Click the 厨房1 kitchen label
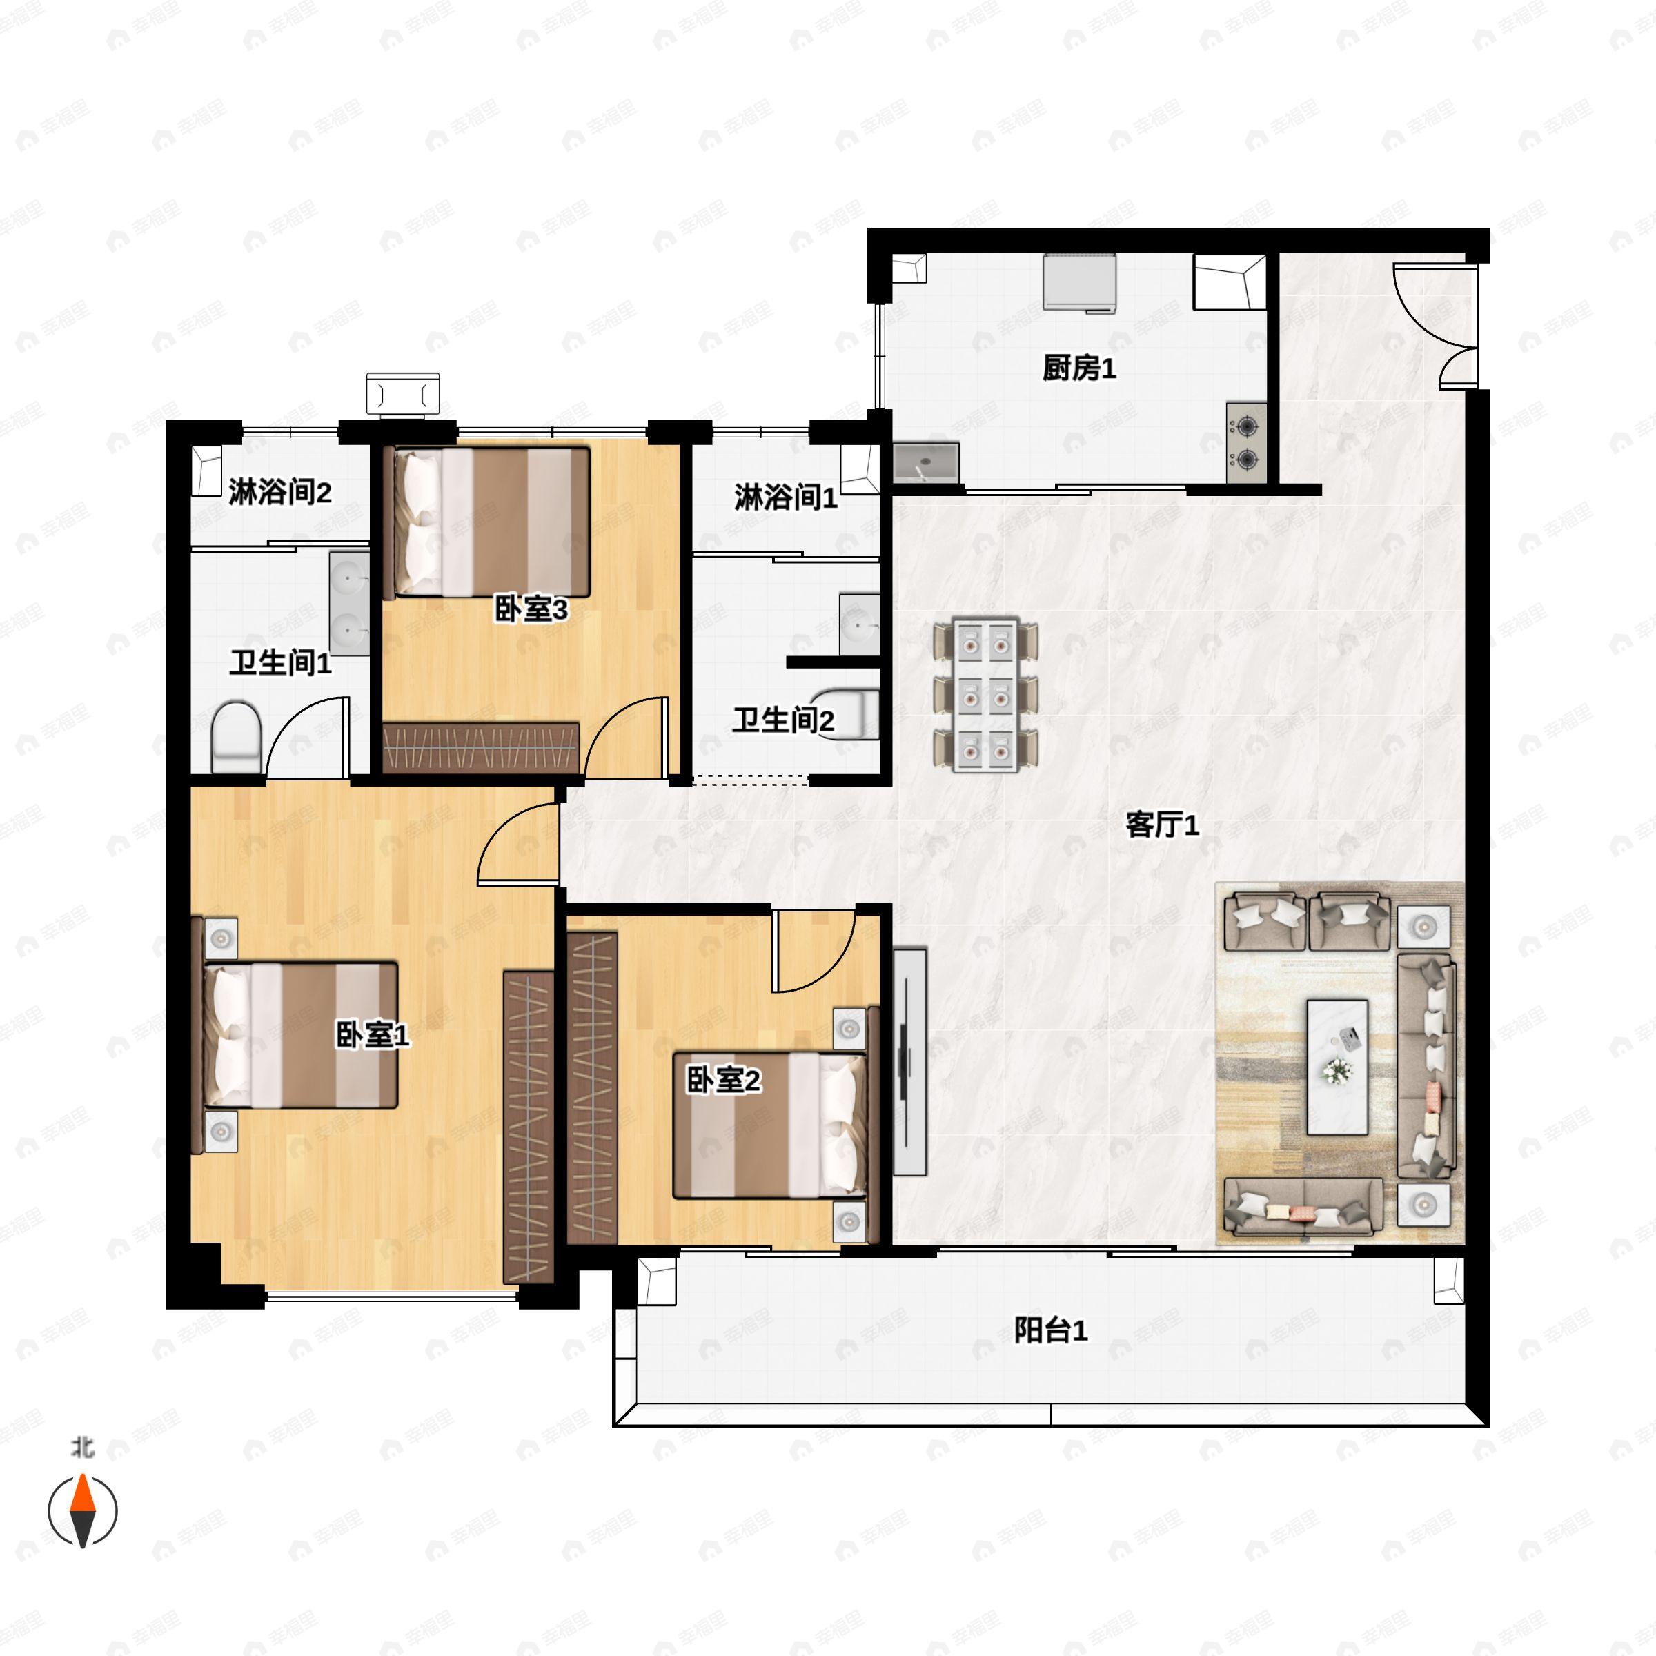[1078, 368]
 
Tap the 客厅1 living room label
[1161, 825]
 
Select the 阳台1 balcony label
[1050, 1330]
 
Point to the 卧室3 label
[531, 609]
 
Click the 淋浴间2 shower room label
[279, 493]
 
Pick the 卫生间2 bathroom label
[782, 720]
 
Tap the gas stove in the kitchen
[1246, 442]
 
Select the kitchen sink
[926, 463]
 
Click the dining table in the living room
[986, 694]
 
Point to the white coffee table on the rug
[1337, 1066]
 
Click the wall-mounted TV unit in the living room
[909, 1061]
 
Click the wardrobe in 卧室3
[480, 747]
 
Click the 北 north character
[82, 1448]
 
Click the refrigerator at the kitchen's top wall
[1080, 282]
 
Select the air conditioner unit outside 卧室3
[403, 393]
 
